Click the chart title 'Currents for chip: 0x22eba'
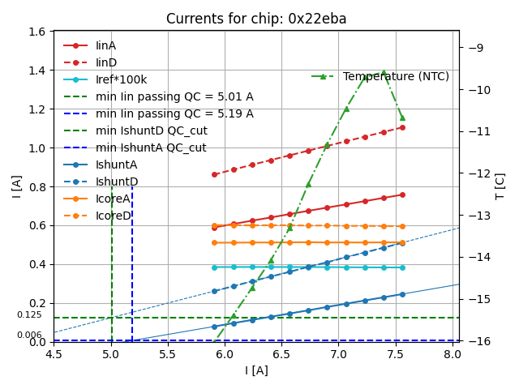[x=255, y=19]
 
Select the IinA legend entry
[x=105, y=46]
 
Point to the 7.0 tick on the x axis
[x=339, y=354]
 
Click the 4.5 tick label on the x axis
[x=54, y=354]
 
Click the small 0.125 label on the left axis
[x=29, y=315]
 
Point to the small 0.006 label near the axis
[x=29, y=336]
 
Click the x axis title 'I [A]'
[x=256, y=370]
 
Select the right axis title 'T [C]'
[x=500, y=186]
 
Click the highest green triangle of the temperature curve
[x=384, y=72]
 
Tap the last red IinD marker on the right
[x=402, y=127]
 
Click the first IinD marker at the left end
[x=214, y=174]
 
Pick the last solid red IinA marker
[x=402, y=194]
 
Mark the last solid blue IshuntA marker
[x=402, y=294]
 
